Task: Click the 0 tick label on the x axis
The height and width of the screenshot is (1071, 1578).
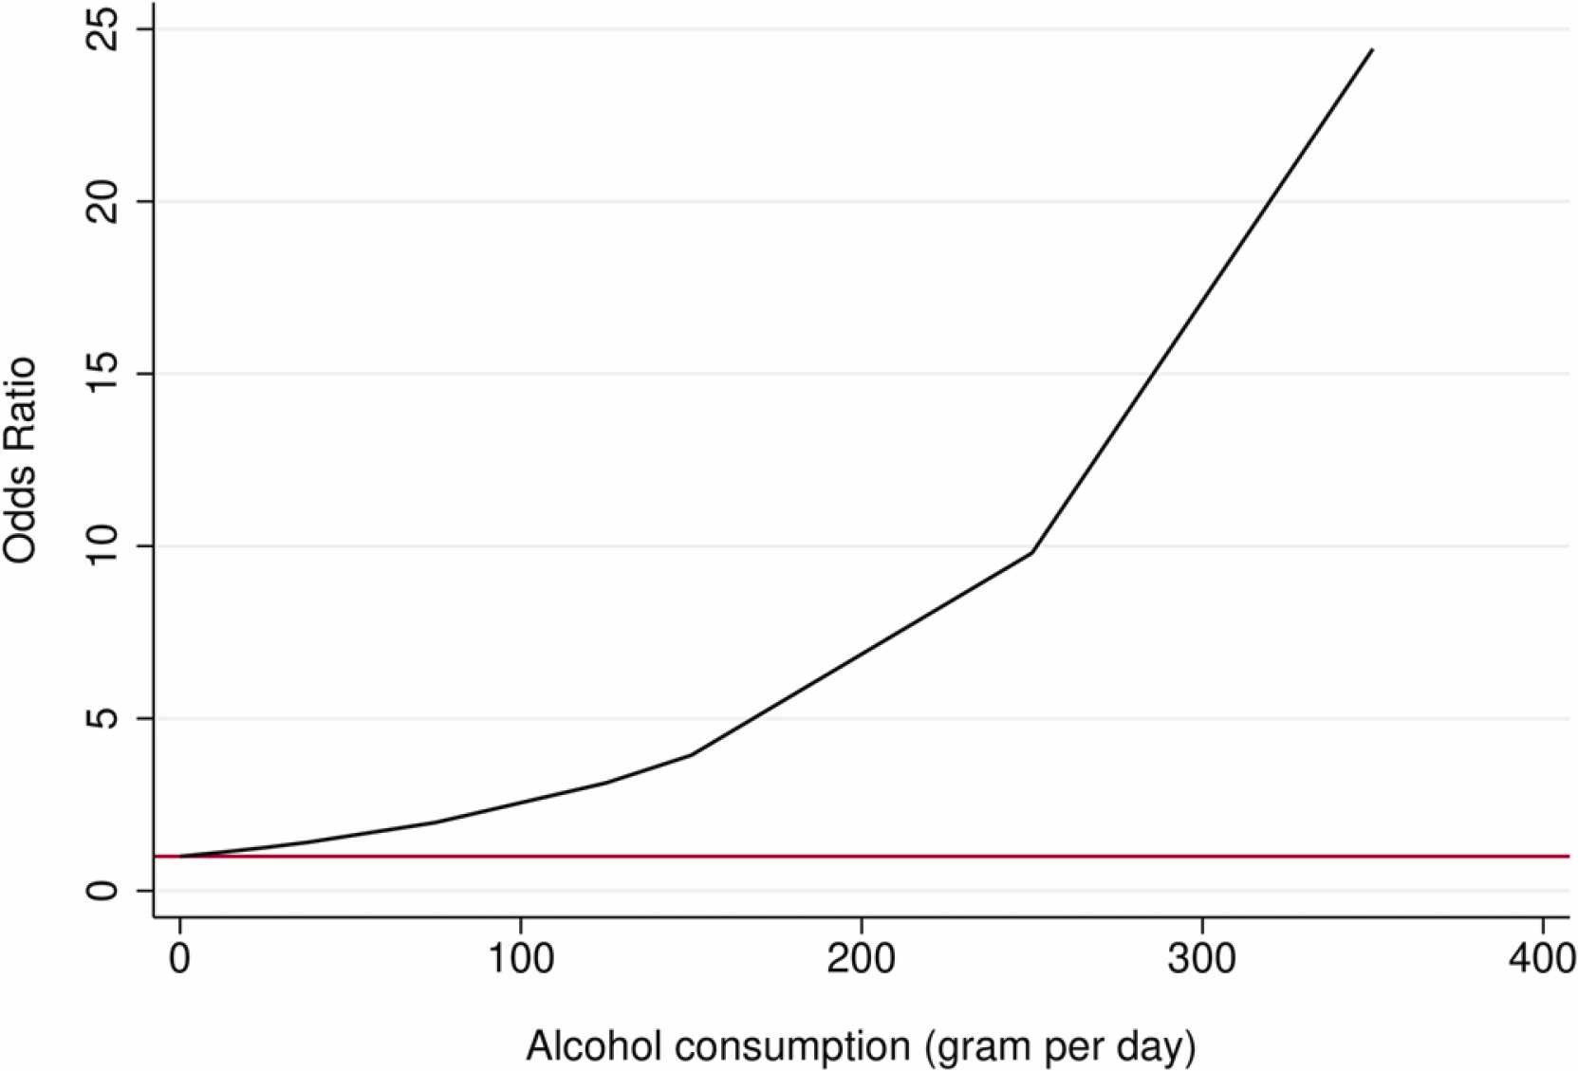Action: (179, 960)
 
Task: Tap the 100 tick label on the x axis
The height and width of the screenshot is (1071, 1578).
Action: (520, 960)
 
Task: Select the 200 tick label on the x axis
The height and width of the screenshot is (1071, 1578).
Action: (861, 960)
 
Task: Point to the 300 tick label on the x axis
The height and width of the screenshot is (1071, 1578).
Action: (1202, 960)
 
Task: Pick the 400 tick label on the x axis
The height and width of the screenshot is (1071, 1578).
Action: (1541, 960)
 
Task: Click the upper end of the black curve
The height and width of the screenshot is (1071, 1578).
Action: (1372, 49)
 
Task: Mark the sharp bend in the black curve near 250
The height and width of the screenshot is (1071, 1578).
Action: (1031, 552)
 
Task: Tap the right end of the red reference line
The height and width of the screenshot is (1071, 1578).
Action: (1568, 857)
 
